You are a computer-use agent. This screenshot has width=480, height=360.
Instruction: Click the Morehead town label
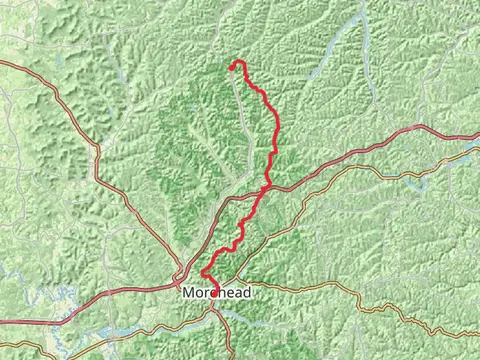(x=216, y=292)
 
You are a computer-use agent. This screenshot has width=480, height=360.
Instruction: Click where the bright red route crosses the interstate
(x=267, y=186)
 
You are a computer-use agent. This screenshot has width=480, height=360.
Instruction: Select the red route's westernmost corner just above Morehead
(x=203, y=274)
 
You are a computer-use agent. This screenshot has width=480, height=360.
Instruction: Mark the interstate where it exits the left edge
(x=2, y=322)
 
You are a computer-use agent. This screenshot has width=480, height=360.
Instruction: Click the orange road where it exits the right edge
(x=478, y=336)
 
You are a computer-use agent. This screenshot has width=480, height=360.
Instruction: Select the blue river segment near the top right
(x=340, y=40)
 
